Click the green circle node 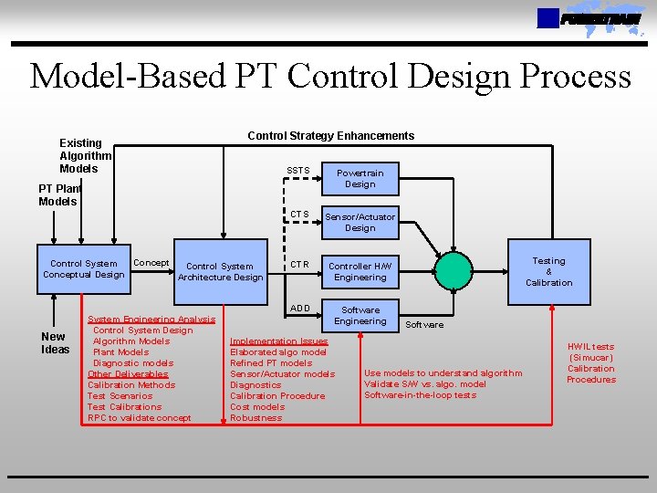(x=462, y=271)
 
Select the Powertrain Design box (x=360, y=178)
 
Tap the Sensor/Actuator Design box (x=360, y=222)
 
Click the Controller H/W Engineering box (x=360, y=271)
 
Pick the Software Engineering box (x=360, y=315)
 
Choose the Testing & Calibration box (x=548, y=271)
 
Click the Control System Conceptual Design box (x=83, y=269)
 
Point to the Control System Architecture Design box (x=220, y=272)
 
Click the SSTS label (x=298, y=171)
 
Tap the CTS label (x=299, y=215)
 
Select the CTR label (x=299, y=265)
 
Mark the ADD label (x=299, y=308)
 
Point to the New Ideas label (x=55, y=342)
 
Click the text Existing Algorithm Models (x=84, y=156)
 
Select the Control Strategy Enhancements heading (x=330, y=136)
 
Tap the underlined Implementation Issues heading (x=278, y=341)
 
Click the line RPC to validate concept (x=139, y=418)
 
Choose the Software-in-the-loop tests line (x=420, y=395)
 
